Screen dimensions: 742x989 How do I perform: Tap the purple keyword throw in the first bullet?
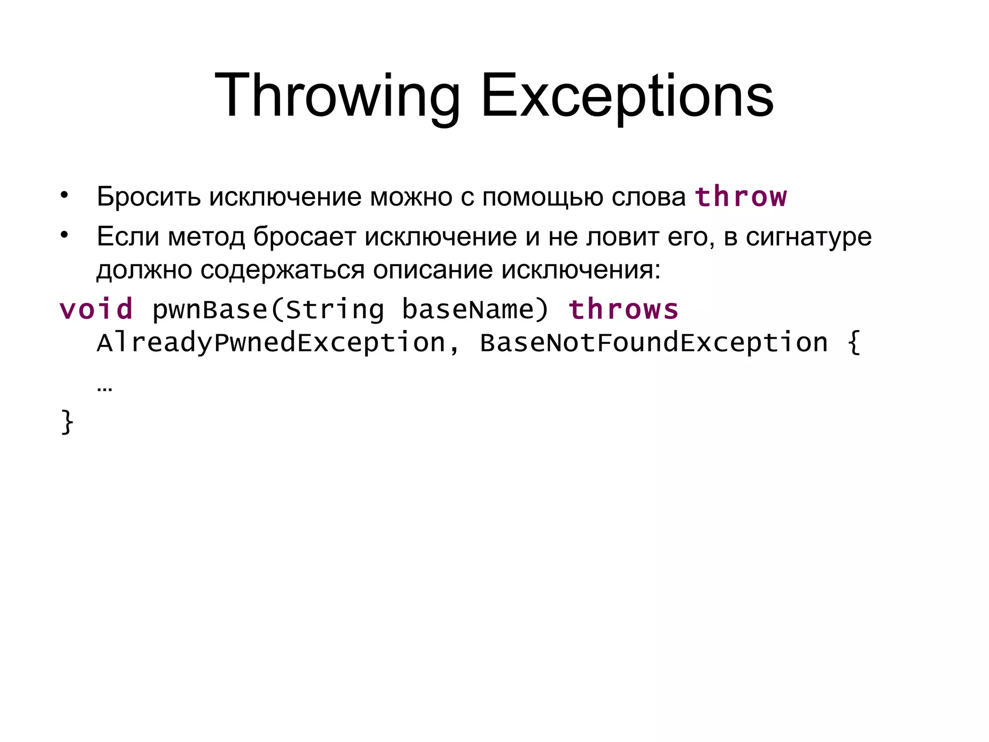coord(741,197)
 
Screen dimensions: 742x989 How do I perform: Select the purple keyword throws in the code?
coord(623,309)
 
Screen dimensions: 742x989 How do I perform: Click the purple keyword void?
coord(96,309)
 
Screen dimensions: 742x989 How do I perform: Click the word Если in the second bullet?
coord(127,237)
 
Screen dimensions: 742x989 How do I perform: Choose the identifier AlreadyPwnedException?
coord(271,342)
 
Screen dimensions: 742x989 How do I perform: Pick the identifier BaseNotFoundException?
coord(654,342)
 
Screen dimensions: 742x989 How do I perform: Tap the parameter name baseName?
coord(468,309)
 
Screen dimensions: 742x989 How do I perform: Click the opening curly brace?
coord(854,342)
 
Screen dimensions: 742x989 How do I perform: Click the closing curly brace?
coord(67,422)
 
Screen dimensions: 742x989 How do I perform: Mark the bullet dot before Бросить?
coord(64,196)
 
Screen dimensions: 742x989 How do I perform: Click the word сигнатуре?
coord(808,237)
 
